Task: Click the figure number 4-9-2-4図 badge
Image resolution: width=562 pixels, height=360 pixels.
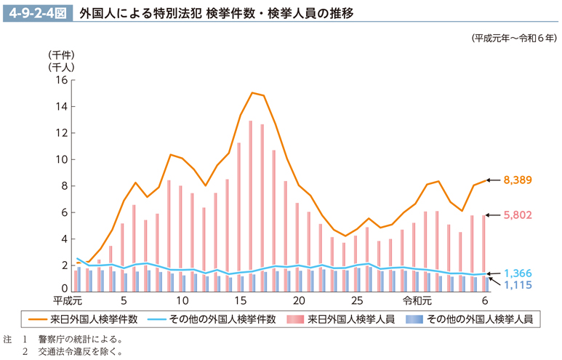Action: [x=37, y=12]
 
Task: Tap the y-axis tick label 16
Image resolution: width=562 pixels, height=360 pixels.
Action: [x=61, y=81]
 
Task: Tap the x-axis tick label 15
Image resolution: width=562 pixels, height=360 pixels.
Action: [x=241, y=300]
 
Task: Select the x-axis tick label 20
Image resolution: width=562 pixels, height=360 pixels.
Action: [x=299, y=300]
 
